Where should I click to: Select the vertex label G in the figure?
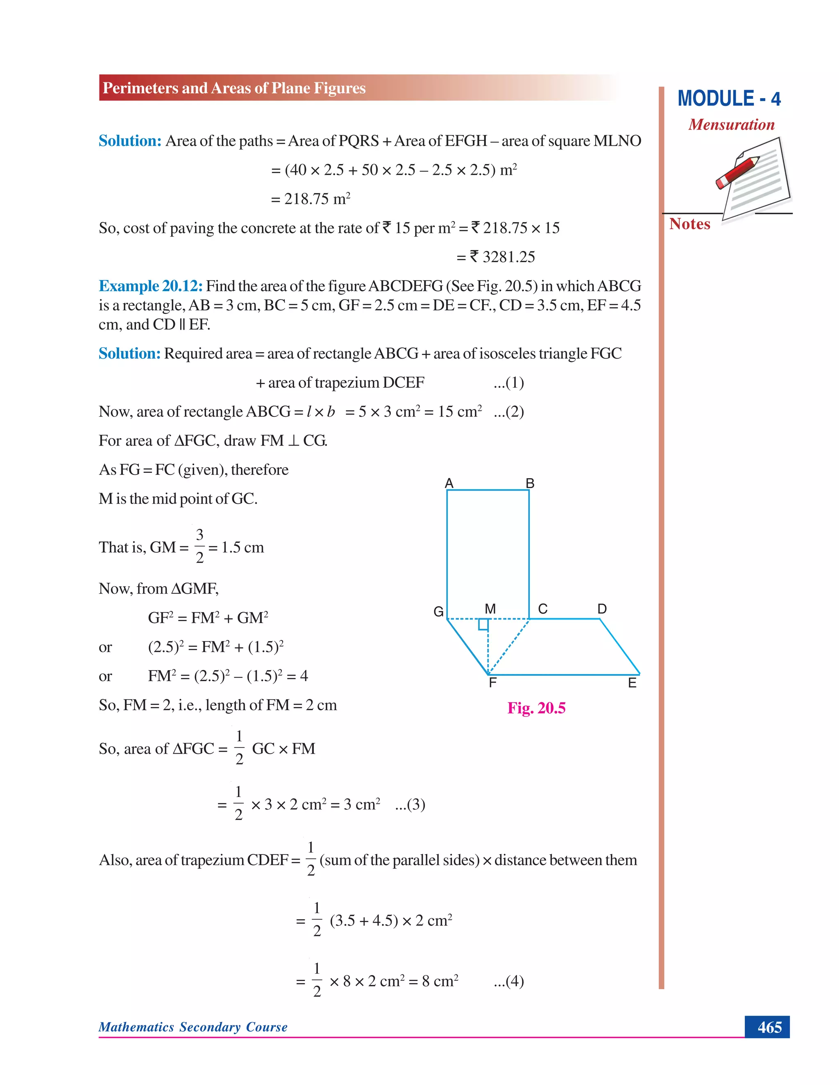(438, 612)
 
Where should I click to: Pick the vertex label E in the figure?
(632, 683)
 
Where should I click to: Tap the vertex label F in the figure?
(492, 683)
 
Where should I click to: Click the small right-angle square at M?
(483, 624)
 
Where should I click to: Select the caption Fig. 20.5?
(536, 708)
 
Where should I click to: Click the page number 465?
(769, 1027)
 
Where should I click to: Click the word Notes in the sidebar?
(689, 224)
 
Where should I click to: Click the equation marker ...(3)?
(410, 804)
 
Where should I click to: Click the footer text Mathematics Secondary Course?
(193, 1027)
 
